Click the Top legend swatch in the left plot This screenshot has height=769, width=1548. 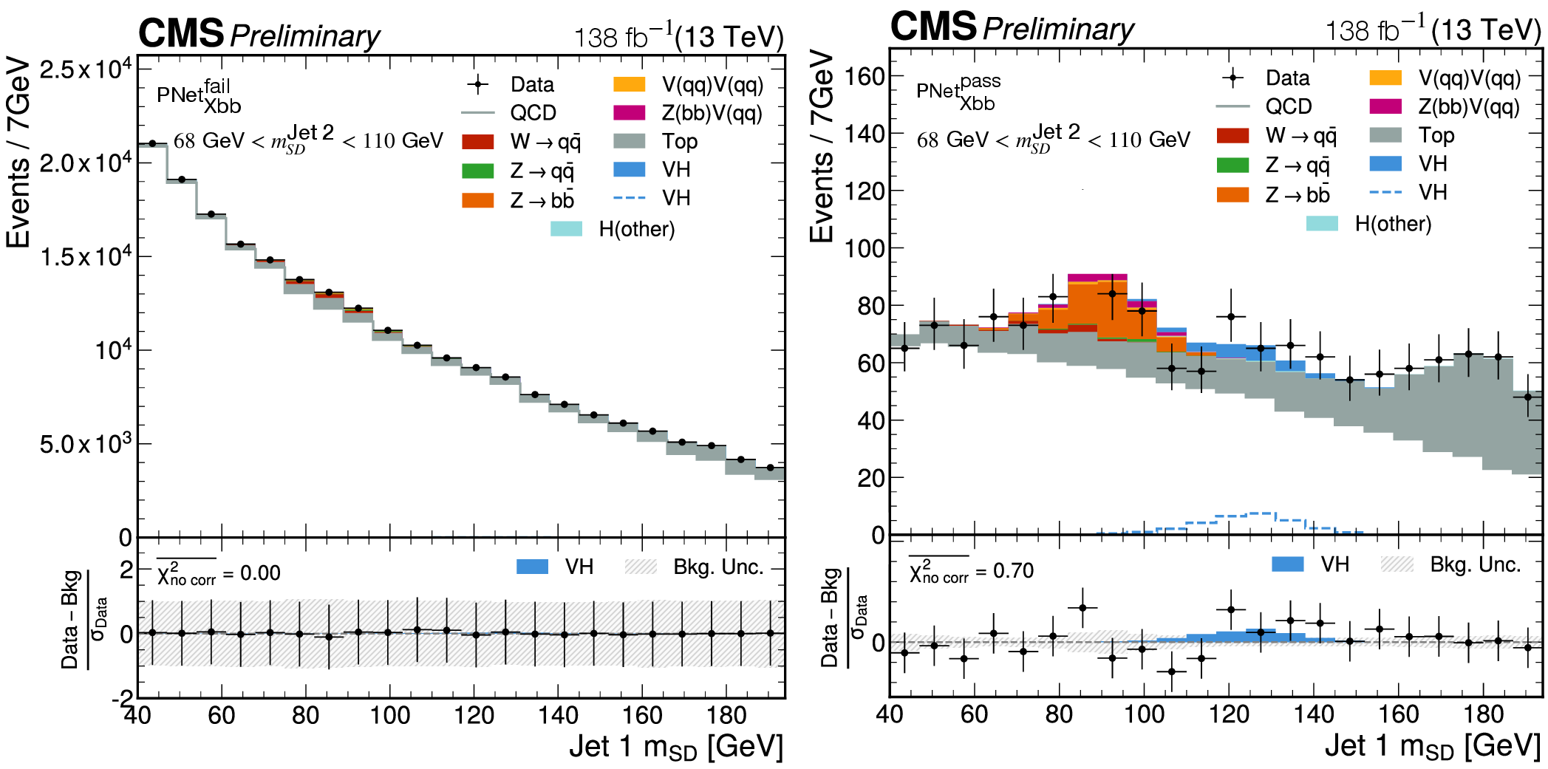tap(629, 141)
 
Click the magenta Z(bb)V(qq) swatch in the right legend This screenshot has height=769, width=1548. tap(1385, 106)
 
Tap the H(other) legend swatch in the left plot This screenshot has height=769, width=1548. tap(566, 229)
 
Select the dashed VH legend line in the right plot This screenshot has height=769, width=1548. tap(1385, 193)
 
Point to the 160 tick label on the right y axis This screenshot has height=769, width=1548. tap(864, 75)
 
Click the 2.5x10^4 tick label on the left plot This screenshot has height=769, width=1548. tap(86, 70)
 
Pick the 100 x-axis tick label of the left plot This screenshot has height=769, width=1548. tap(389, 715)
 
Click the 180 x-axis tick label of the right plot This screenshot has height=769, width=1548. tap(1484, 714)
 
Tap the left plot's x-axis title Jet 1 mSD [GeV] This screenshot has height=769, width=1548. tap(675, 747)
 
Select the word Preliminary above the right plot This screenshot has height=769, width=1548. tap(1058, 30)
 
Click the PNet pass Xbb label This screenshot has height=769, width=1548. tap(958, 92)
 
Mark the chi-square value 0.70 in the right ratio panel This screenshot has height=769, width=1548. tap(1013, 570)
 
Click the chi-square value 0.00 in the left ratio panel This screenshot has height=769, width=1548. tap(260, 573)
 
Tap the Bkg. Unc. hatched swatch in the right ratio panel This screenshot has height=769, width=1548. tap(1397, 564)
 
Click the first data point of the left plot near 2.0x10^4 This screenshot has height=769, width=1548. tap(152, 143)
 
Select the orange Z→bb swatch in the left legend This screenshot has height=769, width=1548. tap(477, 200)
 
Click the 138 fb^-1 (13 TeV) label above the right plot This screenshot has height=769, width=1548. tap(1432, 30)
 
